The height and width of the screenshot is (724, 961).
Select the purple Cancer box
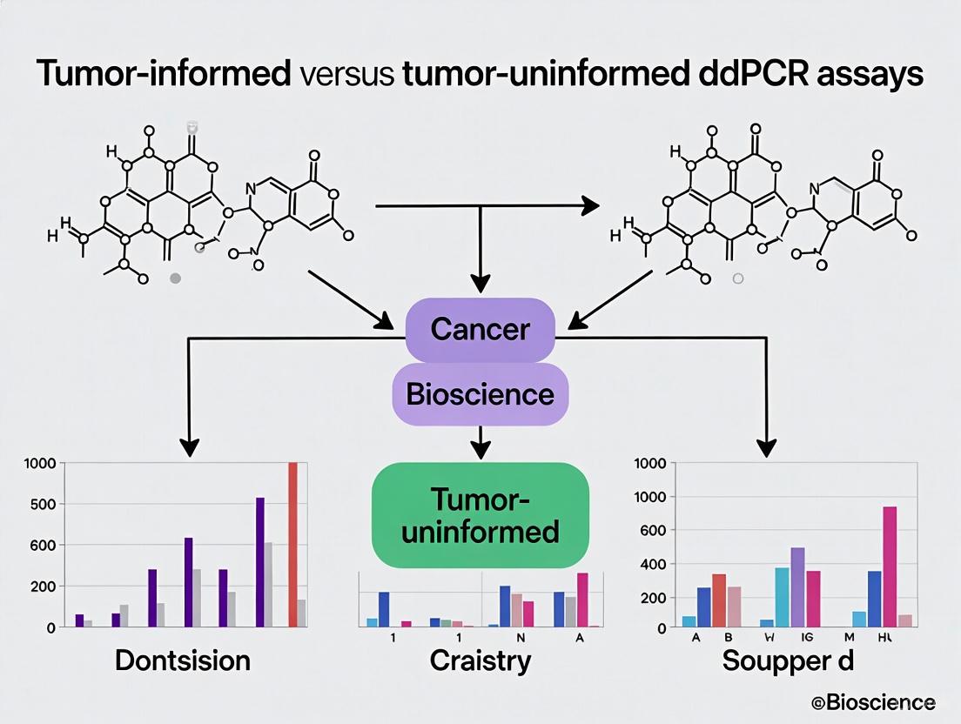(x=480, y=330)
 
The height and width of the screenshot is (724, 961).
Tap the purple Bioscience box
(x=480, y=393)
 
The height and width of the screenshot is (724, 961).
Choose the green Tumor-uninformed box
(x=480, y=515)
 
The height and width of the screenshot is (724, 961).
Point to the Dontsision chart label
(x=183, y=660)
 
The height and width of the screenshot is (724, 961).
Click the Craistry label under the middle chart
(x=480, y=660)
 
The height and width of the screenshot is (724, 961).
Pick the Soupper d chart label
(x=788, y=660)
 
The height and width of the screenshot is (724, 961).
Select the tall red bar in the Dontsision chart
(x=292, y=544)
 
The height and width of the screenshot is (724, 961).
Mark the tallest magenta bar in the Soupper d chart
(x=890, y=566)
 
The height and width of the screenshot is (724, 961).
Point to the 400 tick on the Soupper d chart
(x=653, y=565)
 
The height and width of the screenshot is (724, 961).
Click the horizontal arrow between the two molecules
(x=487, y=206)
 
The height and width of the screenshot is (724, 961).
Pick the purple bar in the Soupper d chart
(x=797, y=587)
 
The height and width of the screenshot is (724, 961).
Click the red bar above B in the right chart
(x=719, y=600)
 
